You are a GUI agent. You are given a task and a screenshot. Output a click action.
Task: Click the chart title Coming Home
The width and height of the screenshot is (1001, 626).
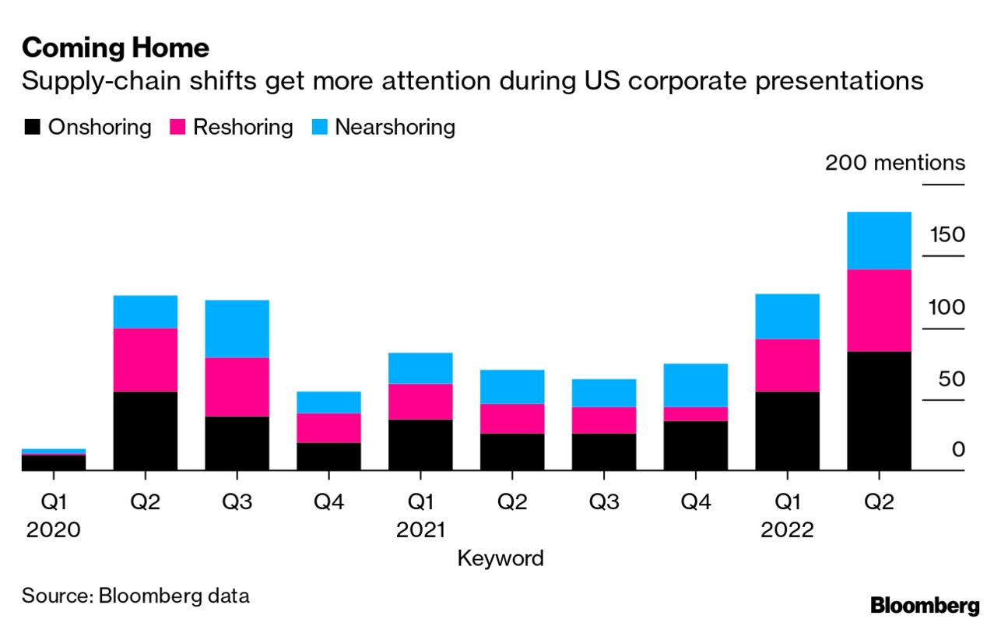click(115, 48)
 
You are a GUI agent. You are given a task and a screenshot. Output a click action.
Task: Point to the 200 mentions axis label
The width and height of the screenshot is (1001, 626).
click(894, 164)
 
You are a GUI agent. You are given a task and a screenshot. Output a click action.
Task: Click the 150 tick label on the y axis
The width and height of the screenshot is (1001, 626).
click(946, 235)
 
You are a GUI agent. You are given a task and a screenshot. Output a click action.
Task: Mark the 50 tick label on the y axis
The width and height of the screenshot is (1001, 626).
click(946, 379)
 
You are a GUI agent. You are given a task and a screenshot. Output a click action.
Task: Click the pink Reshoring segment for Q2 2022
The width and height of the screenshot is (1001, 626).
click(879, 310)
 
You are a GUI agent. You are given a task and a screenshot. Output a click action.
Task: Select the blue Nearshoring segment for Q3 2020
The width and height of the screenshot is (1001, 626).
click(237, 329)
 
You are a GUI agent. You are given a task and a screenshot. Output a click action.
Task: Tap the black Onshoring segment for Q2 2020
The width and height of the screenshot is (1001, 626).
click(145, 431)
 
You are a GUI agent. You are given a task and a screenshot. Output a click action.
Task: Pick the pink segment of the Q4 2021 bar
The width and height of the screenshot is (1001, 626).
click(695, 413)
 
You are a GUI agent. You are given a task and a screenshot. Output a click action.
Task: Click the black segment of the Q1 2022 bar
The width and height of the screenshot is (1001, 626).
click(787, 431)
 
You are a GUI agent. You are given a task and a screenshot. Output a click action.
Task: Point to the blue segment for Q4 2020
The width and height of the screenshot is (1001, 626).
click(328, 402)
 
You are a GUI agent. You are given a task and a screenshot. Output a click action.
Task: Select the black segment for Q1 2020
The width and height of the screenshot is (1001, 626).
click(53, 462)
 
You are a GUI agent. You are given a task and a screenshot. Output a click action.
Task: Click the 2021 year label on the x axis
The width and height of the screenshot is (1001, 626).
click(420, 531)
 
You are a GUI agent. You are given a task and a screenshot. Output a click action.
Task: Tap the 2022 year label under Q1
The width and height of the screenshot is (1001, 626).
click(787, 531)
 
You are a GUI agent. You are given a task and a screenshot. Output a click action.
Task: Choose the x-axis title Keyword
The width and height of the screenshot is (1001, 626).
click(500, 558)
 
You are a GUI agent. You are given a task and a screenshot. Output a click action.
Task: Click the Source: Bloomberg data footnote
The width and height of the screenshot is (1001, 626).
click(135, 596)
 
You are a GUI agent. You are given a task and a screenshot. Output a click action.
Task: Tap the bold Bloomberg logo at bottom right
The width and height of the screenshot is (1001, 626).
click(925, 605)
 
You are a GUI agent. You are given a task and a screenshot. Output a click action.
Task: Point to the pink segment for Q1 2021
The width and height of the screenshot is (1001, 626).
click(420, 401)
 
